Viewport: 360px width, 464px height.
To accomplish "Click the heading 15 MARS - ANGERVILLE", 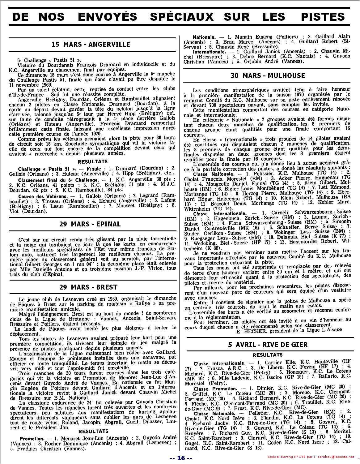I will coord(91,44).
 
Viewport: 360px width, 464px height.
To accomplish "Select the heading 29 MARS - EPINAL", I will coord(90,224).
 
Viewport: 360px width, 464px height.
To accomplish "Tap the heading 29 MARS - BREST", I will coord(88,287).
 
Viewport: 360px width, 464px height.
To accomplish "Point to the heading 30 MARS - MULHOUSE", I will coord(268,75).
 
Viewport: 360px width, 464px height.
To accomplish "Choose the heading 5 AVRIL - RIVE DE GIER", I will coord(268,345).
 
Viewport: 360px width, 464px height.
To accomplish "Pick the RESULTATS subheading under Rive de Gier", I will coord(268,355).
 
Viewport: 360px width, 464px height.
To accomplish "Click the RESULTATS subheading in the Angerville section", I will coord(93,161).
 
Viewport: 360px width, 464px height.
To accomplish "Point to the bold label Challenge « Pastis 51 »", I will coord(47,169).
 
